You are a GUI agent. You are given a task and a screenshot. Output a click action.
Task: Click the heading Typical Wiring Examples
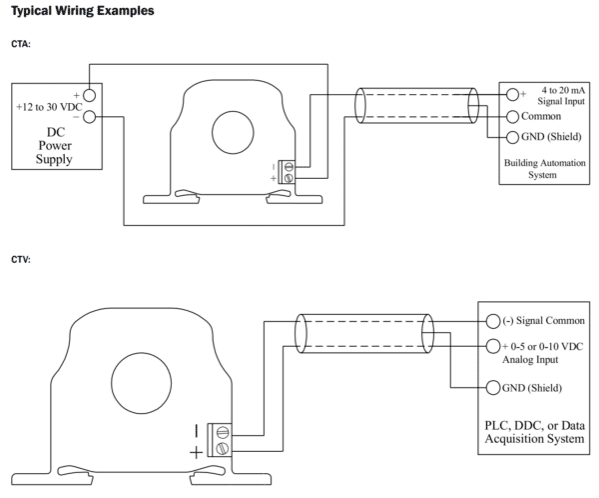pyautogui.click(x=77, y=11)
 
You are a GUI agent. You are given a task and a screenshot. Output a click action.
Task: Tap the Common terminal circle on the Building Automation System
pyautogui.click(x=513, y=116)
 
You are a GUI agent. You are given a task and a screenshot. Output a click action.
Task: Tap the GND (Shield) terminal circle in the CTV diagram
pyautogui.click(x=492, y=388)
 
